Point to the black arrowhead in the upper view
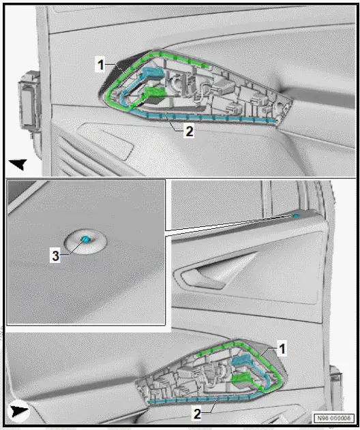coord(18,164)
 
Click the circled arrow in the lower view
coord(18,411)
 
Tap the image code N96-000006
coord(334,418)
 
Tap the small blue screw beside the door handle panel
coord(297,217)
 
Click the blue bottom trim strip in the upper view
coord(205,119)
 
